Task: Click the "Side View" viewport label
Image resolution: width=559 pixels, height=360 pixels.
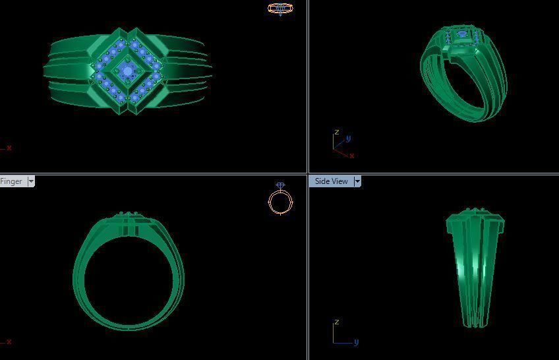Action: pos(331,181)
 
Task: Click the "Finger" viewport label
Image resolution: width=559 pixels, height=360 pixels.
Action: pos(11,181)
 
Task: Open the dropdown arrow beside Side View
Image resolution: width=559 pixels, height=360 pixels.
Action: pos(358,181)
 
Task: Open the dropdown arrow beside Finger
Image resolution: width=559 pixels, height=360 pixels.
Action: pos(31,181)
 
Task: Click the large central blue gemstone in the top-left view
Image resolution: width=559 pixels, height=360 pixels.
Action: pos(127,70)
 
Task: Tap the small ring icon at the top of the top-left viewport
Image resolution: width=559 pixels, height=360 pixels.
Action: pos(280,9)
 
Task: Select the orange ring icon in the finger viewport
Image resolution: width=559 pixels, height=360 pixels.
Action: pos(281,200)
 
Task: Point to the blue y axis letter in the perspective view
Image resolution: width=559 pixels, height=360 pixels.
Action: pos(348,138)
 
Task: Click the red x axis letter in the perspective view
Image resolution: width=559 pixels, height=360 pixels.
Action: pos(352,156)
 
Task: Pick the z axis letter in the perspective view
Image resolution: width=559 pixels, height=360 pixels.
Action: pos(336,132)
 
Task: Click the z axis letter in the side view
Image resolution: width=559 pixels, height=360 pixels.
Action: pos(336,322)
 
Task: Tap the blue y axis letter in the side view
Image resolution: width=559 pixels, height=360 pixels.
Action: pos(356,342)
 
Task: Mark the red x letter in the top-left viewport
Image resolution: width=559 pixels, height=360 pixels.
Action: pos(9,148)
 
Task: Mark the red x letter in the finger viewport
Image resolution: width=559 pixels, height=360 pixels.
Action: pos(9,342)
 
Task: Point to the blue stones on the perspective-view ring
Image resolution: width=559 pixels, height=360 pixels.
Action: pos(462,34)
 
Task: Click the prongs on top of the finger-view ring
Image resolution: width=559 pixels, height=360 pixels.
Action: pos(129,214)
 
